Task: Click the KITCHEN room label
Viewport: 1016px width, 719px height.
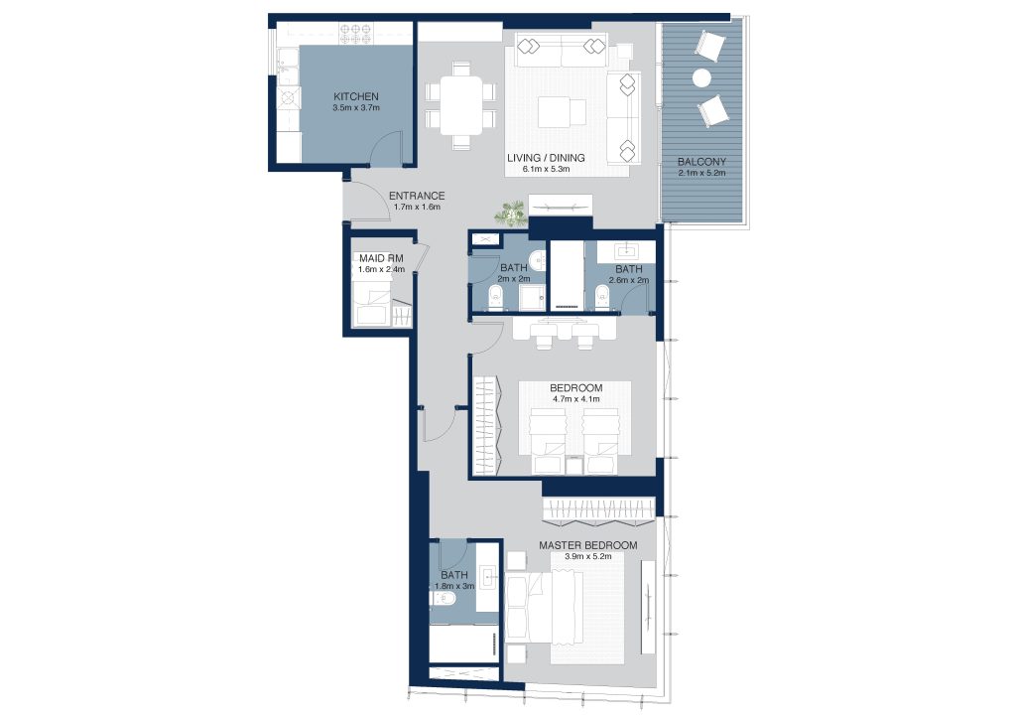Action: click(356, 96)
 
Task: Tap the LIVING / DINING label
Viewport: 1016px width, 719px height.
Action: click(546, 158)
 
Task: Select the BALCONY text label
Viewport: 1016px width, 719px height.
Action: click(701, 162)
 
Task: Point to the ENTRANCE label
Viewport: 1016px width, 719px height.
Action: click(417, 196)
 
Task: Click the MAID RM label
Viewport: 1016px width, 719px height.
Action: click(381, 258)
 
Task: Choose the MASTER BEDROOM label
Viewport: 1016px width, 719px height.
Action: click(587, 546)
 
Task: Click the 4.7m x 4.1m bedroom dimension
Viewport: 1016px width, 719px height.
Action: click(576, 399)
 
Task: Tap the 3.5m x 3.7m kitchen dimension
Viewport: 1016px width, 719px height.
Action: click(356, 108)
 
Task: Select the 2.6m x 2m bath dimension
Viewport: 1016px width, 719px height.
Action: click(628, 281)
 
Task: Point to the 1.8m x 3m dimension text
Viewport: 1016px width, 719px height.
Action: click(454, 586)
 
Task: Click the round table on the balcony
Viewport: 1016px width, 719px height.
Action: click(701, 77)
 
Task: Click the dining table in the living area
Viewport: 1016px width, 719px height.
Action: click(461, 105)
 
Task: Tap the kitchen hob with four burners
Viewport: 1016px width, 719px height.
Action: click(356, 34)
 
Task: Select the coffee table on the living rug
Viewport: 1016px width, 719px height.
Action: click(562, 112)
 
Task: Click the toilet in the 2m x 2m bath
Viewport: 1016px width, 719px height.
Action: click(497, 300)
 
